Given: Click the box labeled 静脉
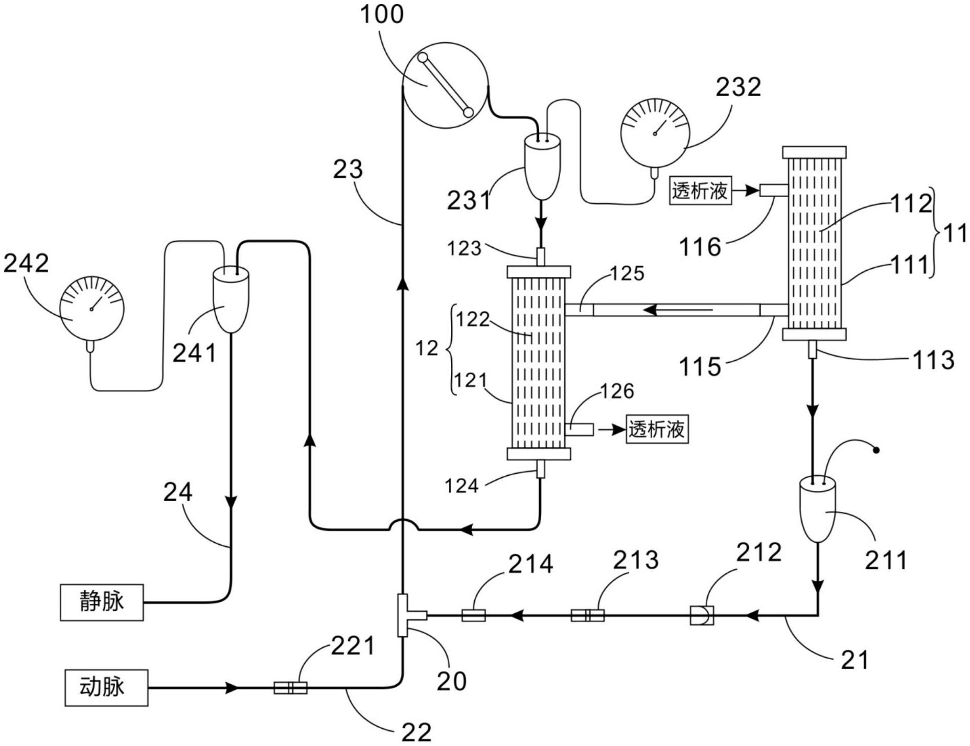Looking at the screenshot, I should [x=102, y=602].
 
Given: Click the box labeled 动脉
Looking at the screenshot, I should [x=106, y=687].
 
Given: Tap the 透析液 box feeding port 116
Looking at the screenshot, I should [x=700, y=191].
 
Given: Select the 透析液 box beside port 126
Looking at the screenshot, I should [x=657, y=430].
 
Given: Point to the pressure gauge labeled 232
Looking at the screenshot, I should [x=655, y=133].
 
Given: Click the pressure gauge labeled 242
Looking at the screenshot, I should [x=91, y=309].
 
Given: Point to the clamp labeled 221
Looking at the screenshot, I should [x=290, y=688].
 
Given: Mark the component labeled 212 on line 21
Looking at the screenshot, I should [x=701, y=615].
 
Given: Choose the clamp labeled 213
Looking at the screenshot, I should [x=587, y=615].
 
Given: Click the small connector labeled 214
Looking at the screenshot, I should [x=473, y=615].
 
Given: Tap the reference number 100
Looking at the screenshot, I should [x=382, y=14].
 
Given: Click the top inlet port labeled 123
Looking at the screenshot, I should [x=540, y=257].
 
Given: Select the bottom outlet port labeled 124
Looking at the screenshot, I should [x=540, y=469].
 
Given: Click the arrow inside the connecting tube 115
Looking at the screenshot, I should [x=677, y=310].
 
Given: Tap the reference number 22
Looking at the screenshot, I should [x=417, y=733].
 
